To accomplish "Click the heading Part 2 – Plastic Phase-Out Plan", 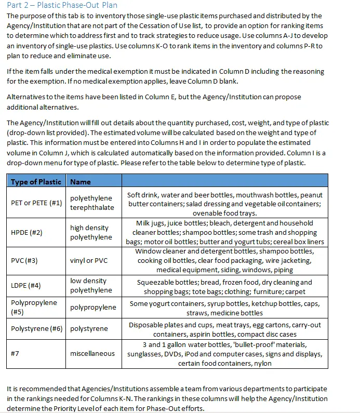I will [62, 5].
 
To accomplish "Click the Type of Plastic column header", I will [36, 182].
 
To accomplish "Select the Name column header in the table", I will [81, 182].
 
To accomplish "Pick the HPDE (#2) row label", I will [26, 232].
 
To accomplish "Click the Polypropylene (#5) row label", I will [34, 307].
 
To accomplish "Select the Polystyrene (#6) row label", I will [36, 328].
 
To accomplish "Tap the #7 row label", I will [15, 353].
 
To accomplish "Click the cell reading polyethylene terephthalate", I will [91, 203].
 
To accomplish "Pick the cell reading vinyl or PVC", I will [89, 260].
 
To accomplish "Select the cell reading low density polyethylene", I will [91, 285].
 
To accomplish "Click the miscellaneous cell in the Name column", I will [92, 353].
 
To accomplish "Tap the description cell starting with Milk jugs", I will [225, 232].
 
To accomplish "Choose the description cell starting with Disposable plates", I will [225, 329].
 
